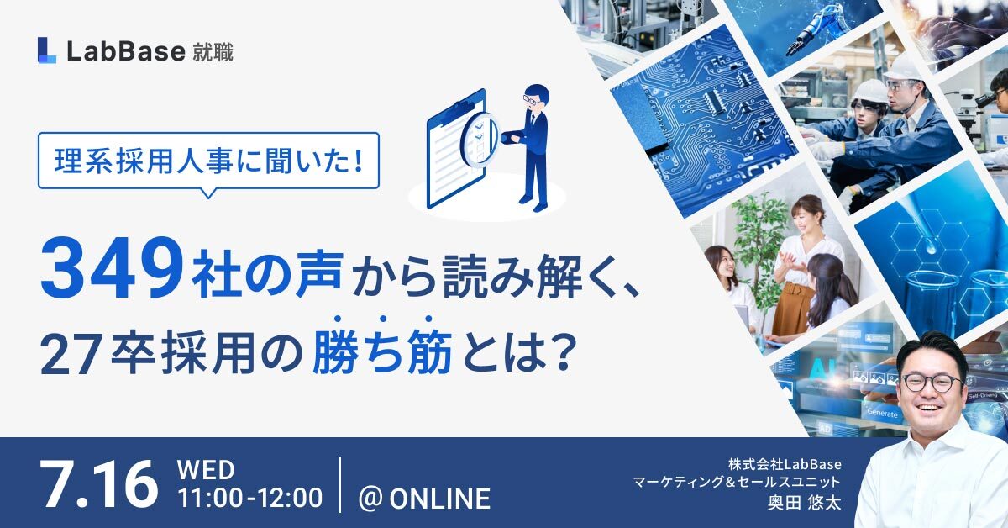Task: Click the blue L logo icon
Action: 47,50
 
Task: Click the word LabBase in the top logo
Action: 126,51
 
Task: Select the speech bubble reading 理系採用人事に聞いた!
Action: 208,161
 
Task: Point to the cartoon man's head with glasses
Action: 537,98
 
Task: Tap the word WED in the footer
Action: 206,470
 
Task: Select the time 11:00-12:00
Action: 250,498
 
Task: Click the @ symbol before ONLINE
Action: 370,499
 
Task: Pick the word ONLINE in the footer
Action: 439,499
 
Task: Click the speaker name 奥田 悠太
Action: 804,503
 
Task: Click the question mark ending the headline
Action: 565,351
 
